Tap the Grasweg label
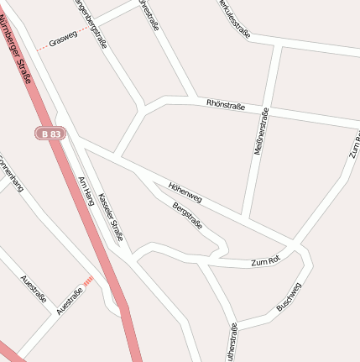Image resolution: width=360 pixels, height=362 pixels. pyautogui.click(x=63, y=39)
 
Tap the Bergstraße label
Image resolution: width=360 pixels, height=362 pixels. pyautogui.click(x=187, y=215)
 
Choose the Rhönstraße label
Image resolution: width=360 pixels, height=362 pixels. pyautogui.click(x=225, y=105)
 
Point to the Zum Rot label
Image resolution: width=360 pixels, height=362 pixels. pyautogui.click(x=264, y=263)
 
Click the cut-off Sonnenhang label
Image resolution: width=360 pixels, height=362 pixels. pyautogui.click(x=12, y=173)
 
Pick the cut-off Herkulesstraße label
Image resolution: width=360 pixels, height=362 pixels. pyautogui.click(x=234, y=18)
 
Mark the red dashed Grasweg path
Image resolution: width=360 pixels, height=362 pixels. pyautogui.click(x=42, y=49)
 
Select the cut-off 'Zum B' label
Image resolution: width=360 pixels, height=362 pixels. pyautogui.click(x=352, y=146)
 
